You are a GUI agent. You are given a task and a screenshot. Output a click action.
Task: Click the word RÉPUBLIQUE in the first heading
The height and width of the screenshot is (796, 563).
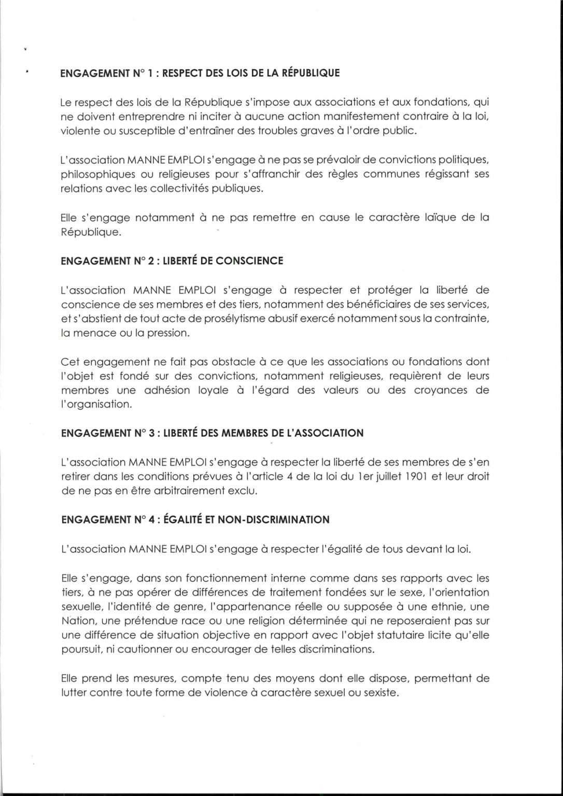point(310,73)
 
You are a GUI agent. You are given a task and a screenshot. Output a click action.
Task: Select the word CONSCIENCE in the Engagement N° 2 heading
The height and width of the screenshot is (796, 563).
point(249,261)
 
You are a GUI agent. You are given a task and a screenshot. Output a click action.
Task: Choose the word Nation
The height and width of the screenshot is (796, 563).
point(78,621)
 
